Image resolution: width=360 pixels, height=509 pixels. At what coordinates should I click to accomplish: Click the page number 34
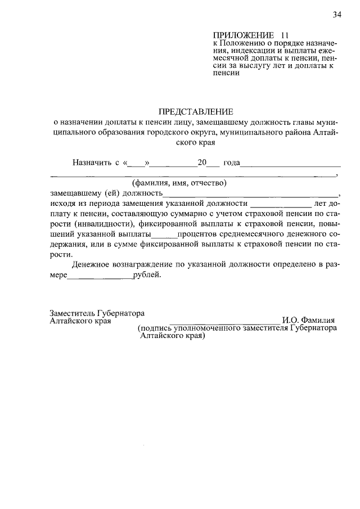[337, 15]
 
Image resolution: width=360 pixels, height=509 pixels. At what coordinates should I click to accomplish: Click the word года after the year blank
[231, 163]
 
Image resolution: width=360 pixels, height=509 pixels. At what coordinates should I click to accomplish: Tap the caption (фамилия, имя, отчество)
[179, 183]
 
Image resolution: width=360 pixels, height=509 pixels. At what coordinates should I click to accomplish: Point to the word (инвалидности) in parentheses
[103, 223]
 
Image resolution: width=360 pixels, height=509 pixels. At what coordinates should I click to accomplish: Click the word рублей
[147, 274]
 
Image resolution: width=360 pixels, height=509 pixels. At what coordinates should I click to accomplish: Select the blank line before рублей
[101, 277]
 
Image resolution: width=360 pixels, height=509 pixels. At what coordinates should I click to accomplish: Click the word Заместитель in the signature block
[73, 312]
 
